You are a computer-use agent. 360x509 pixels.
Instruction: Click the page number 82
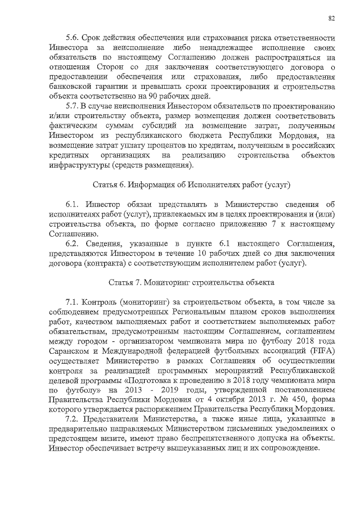[x=332, y=18]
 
